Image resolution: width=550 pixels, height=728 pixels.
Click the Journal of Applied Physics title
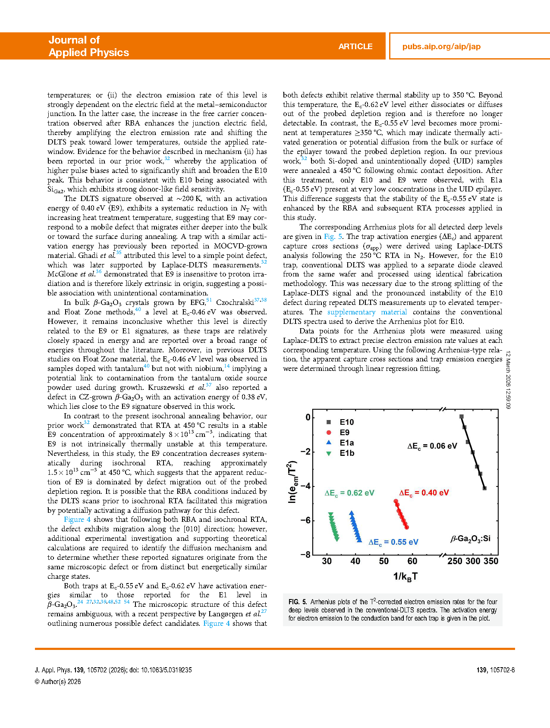tap(88, 46)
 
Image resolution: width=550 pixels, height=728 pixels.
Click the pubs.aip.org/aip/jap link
tap(441, 47)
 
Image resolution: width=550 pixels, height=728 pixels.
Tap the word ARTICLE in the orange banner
tap(355, 47)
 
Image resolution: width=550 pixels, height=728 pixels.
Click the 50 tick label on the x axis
tap(384, 561)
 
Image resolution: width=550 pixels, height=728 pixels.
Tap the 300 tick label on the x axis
tap(473, 561)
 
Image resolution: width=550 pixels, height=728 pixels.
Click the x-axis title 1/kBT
tap(405, 577)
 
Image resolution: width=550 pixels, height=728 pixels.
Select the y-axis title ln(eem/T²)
tap(292, 482)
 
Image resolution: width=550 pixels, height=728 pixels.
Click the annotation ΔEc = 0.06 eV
tap(432, 446)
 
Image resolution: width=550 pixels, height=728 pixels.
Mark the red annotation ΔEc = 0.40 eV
tap(424, 493)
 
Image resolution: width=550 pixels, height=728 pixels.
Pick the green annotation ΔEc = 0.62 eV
tap(349, 493)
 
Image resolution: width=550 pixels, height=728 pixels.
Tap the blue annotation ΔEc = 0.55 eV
tap(393, 543)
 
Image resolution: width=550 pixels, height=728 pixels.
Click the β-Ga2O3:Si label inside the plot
tap(471, 539)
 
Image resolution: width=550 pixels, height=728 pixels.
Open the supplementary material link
tap(367, 312)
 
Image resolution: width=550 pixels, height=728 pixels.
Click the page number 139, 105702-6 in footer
tap(496, 670)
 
